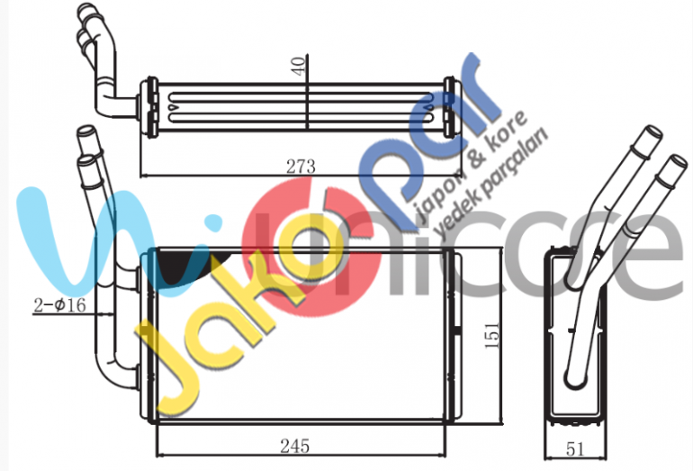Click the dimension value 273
click(300, 167)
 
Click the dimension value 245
click(294, 445)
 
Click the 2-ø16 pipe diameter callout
click(59, 305)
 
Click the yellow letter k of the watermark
click(225, 306)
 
